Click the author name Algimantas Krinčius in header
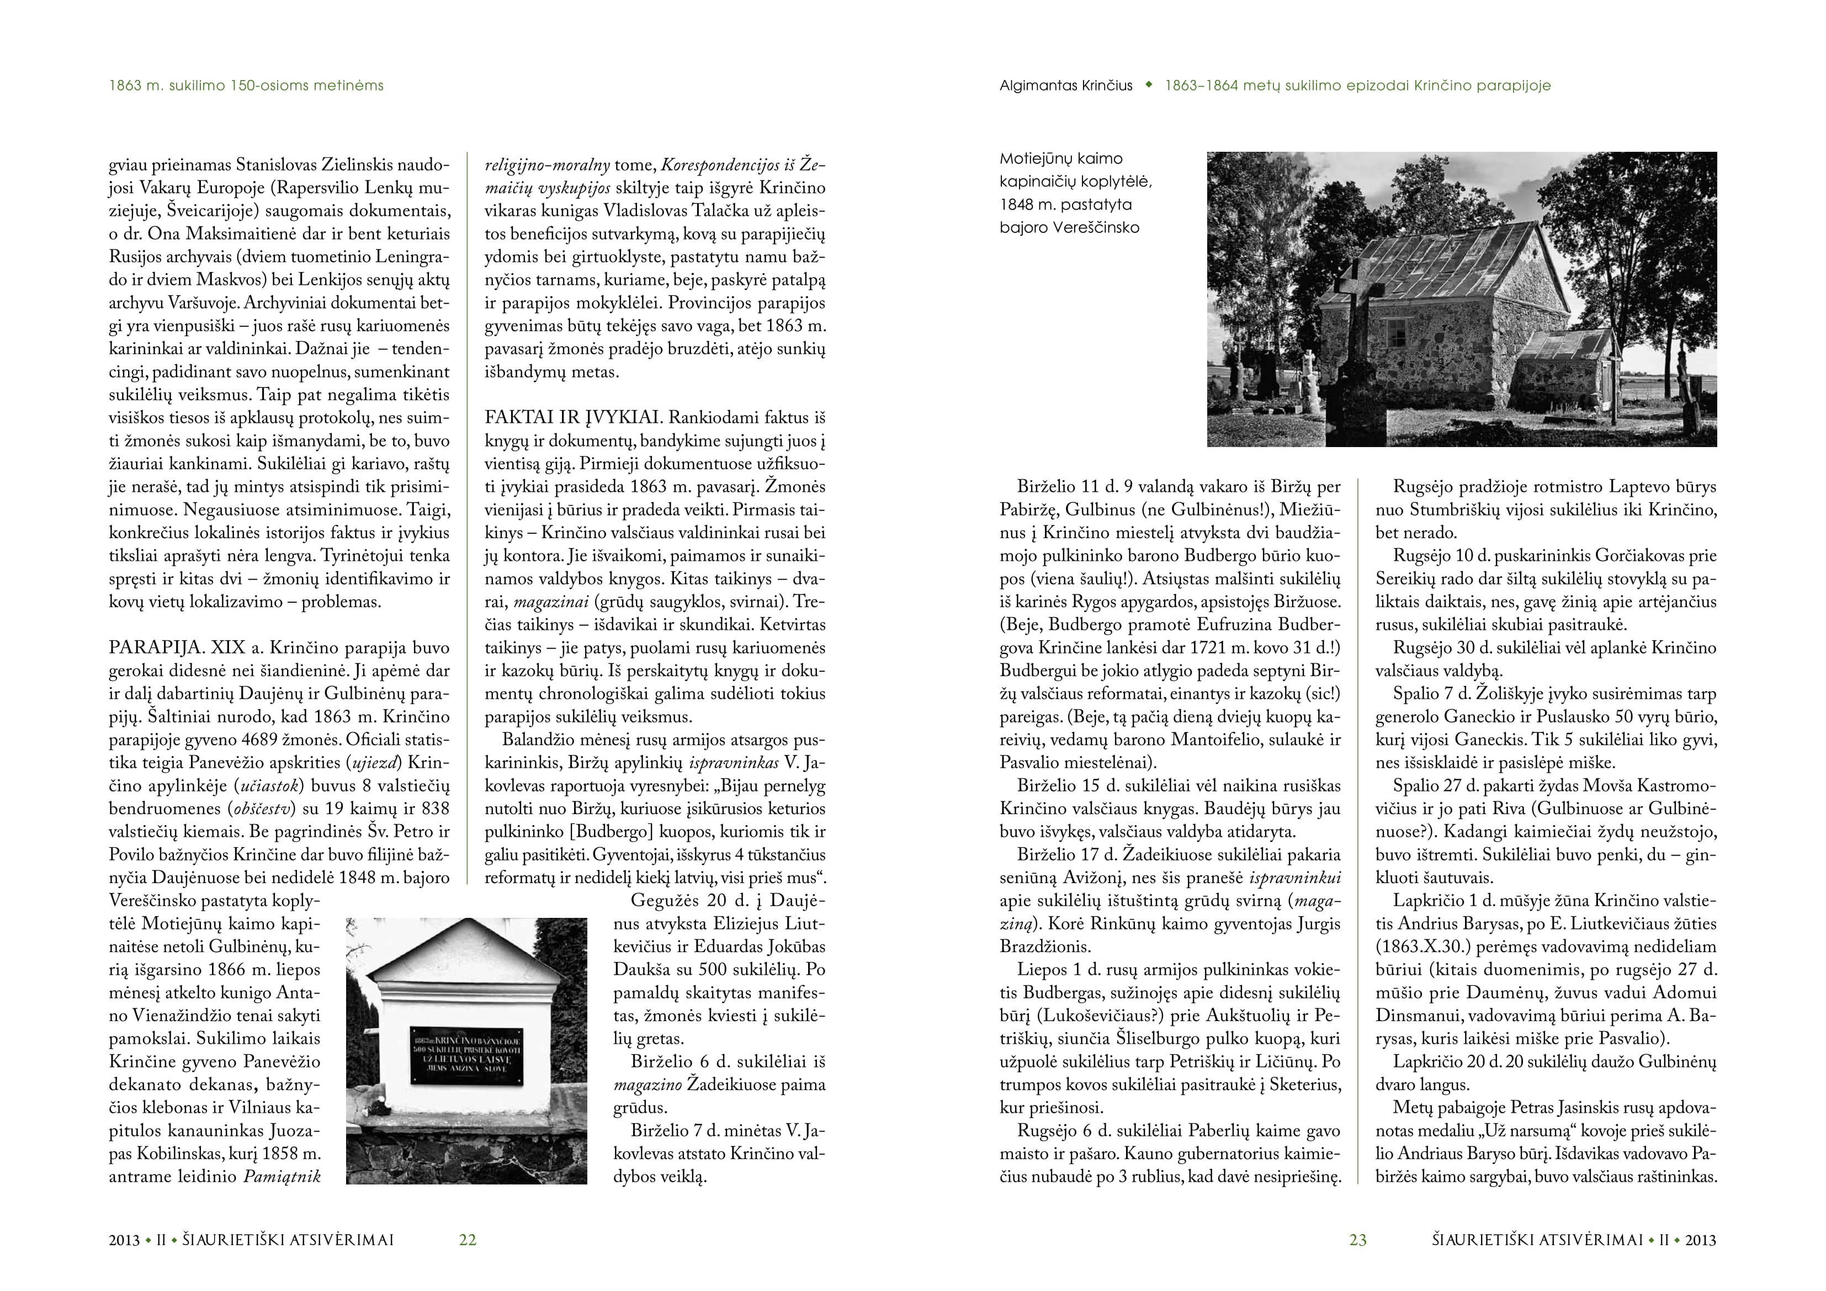[1066, 86]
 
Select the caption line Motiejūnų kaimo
[1061, 158]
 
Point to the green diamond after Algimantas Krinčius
[1148, 85]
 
